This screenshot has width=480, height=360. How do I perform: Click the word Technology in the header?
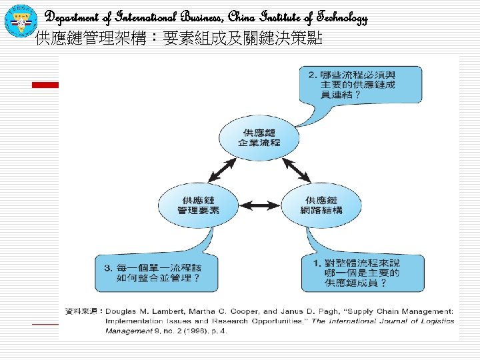338,18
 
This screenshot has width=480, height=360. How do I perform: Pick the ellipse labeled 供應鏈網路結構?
321,205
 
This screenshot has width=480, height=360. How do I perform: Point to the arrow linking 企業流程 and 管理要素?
219,170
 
